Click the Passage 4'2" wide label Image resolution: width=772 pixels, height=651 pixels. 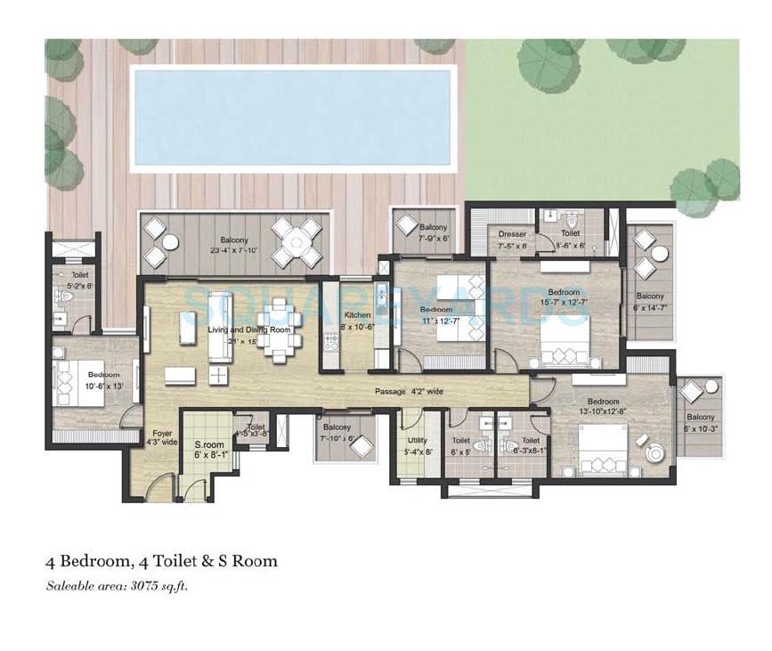click(x=410, y=390)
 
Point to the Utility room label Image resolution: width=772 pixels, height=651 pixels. click(x=418, y=445)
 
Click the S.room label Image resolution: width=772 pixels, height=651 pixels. click(x=209, y=449)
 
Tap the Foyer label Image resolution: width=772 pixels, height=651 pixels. click(x=161, y=436)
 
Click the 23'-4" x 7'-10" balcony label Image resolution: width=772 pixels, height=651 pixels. click(x=234, y=245)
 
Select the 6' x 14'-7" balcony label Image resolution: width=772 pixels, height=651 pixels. click(x=649, y=301)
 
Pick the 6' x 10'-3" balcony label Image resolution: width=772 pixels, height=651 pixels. click(x=700, y=422)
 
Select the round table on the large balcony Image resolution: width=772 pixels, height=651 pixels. click(x=297, y=241)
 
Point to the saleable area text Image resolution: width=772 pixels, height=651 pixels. click(x=118, y=586)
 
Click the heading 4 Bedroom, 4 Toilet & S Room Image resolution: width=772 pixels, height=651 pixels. click(x=161, y=561)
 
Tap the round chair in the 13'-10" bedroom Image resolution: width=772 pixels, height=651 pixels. click(x=654, y=452)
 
